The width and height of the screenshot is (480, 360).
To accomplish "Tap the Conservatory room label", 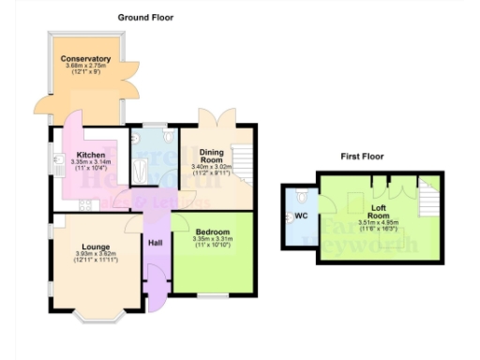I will click(86, 59).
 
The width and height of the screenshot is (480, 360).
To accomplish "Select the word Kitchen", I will click(90, 155).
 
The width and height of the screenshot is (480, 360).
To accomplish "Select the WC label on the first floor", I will click(301, 216).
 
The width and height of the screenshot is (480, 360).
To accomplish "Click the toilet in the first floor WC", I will click(299, 197).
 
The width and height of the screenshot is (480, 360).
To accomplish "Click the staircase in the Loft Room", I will click(427, 198).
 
